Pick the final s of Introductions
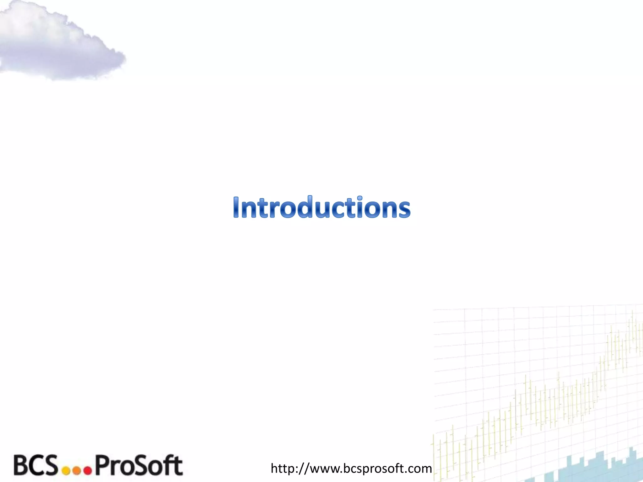pyautogui.click(x=403, y=210)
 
